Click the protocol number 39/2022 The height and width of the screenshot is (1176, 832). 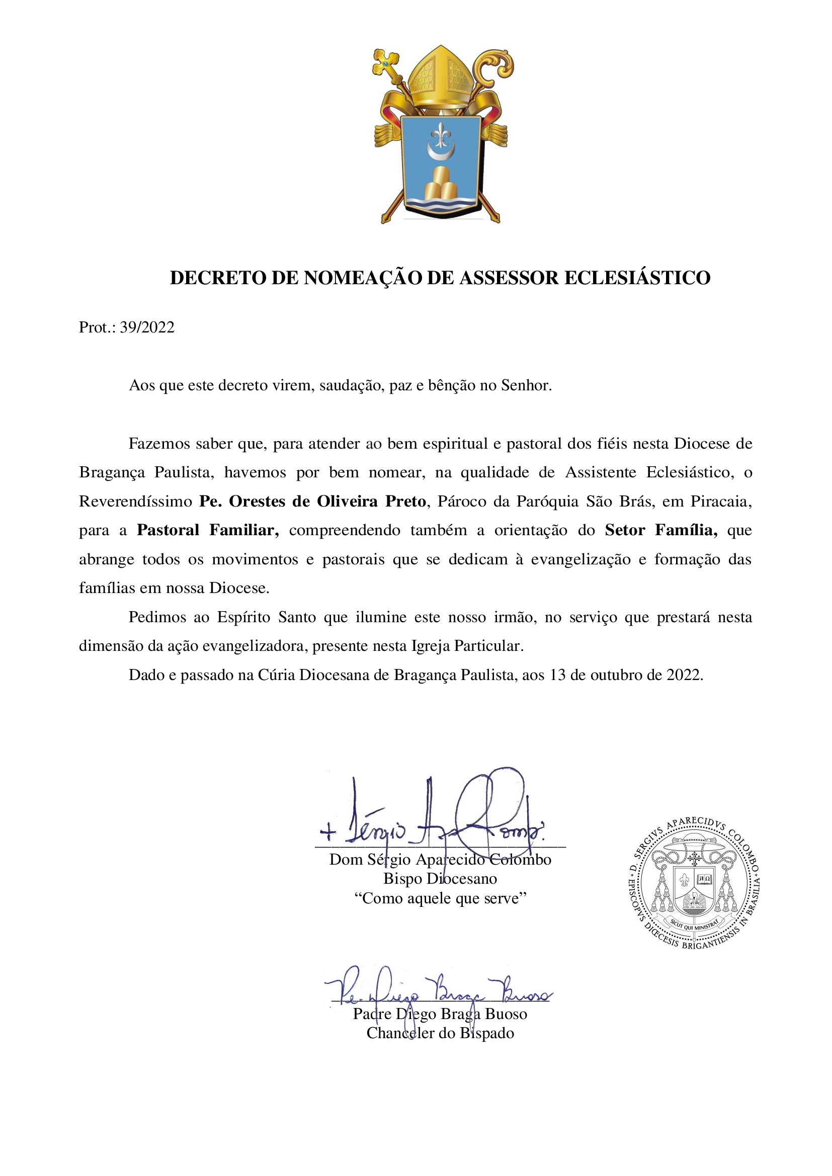click(147, 327)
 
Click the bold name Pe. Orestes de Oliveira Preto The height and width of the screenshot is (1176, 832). click(312, 501)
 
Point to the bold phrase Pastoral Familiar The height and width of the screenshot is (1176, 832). click(207, 530)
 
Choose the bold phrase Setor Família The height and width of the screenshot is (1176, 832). click(661, 530)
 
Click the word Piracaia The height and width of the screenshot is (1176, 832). click(721, 501)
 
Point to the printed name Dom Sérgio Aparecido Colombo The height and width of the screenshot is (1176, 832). click(440, 860)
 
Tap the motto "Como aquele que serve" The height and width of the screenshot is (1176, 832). click(440, 898)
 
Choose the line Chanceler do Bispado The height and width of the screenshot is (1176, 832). click(440, 1033)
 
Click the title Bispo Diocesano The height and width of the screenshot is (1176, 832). click(440, 879)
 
